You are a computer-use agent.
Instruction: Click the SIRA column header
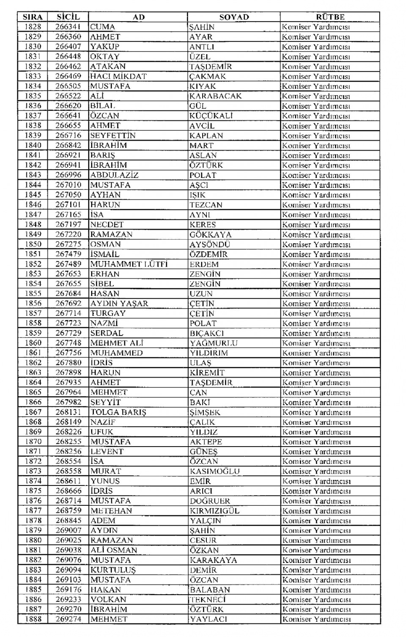tap(33, 17)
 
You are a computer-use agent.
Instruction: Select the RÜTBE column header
tap(330, 17)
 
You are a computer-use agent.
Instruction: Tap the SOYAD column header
tap(234, 17)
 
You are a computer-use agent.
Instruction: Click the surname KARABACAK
tap(215, 96)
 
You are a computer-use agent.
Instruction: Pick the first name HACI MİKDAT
tap(118, 76)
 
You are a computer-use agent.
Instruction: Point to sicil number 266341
tap(68, 27)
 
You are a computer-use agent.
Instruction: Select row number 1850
tap(33, 244)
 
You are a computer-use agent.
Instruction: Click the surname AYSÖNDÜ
tap(210, 244)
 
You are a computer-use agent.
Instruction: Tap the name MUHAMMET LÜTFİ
tap(129, 264)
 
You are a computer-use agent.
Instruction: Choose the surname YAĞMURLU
tap(214, 343)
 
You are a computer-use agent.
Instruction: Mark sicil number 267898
tap(68, 372)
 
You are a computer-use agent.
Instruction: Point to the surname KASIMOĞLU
tap(214, 471)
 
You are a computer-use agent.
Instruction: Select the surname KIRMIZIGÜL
tap(214, 511)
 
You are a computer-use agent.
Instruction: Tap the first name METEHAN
tap(111, 511)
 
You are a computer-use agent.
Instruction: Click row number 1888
tap(33, 619)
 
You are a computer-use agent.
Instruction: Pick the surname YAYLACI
tap(208, 619)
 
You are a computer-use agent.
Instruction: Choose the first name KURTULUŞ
tap(113, 570)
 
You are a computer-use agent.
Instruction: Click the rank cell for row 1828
tap(316, 27)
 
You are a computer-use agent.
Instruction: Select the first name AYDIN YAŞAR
tap(119, 303)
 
